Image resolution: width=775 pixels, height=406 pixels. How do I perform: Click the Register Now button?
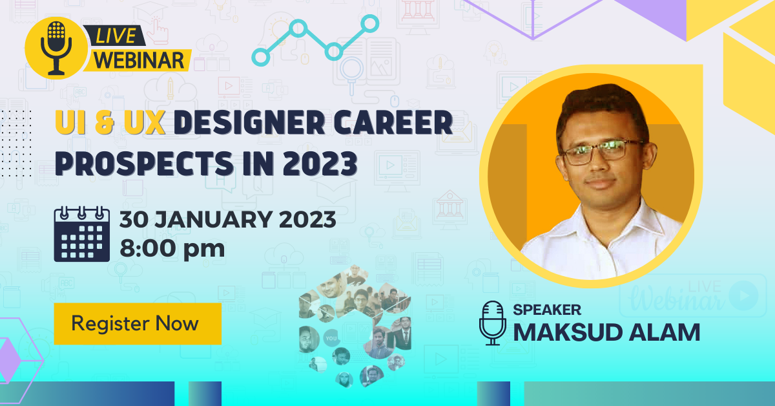coord(138,323)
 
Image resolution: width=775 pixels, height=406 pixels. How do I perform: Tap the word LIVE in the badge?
coord(116,36)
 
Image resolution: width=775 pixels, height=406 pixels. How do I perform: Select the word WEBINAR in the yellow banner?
coord(139,60)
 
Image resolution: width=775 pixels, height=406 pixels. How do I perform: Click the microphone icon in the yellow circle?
coord(56,48)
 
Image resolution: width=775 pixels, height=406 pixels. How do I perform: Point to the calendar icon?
coord(82,234)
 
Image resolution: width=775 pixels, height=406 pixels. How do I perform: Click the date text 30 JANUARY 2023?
coord(227,219)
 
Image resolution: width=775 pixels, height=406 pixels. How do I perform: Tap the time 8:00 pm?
coord(172,248)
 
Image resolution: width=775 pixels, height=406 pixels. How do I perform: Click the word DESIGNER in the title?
coord(249,123)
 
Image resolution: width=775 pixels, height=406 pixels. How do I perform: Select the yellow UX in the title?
coord(145,123)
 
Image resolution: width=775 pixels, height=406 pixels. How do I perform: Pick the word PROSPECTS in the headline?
coord(144,164)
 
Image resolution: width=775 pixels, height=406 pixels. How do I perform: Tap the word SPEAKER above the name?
coord(547,310)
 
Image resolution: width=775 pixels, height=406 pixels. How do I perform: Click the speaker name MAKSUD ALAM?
coord(606,332)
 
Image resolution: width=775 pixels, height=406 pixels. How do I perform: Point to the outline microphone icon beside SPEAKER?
coord(492,323)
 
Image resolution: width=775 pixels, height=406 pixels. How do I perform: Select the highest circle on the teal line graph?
coord(370,23)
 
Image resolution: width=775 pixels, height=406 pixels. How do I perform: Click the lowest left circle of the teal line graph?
coord(260,57)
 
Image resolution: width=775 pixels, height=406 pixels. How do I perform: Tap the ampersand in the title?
coord(105,123)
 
